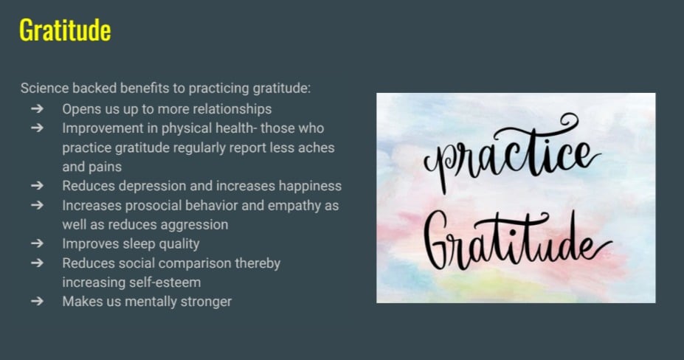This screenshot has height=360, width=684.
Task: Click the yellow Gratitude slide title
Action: coord(65,30)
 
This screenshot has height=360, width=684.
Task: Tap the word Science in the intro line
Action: coord(44,88)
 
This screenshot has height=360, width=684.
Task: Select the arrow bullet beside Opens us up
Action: coord(38,108)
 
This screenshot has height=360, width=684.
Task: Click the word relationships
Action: coord(232,109)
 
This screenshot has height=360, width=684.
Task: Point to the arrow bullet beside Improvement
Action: coord(38,128)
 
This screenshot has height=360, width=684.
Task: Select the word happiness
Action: coord(310,186)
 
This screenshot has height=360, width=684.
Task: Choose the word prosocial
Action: coord(145,206)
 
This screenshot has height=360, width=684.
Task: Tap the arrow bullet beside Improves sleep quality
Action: coord(38,243)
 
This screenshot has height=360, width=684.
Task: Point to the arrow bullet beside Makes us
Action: coord(38,301)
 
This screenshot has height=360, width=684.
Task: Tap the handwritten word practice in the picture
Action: coord(511,154)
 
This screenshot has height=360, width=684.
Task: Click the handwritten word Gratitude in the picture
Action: coord(518,240)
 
